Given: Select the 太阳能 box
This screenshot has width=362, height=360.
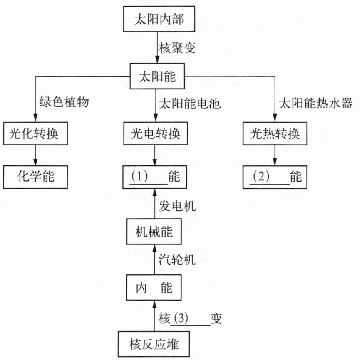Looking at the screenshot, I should tap(156, 76).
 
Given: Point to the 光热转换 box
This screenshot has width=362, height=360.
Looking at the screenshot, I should tap(275, 133).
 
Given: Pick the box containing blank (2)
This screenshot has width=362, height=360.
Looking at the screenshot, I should tap(275, 177).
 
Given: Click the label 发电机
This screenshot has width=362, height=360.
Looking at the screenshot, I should tap(177, 205).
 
